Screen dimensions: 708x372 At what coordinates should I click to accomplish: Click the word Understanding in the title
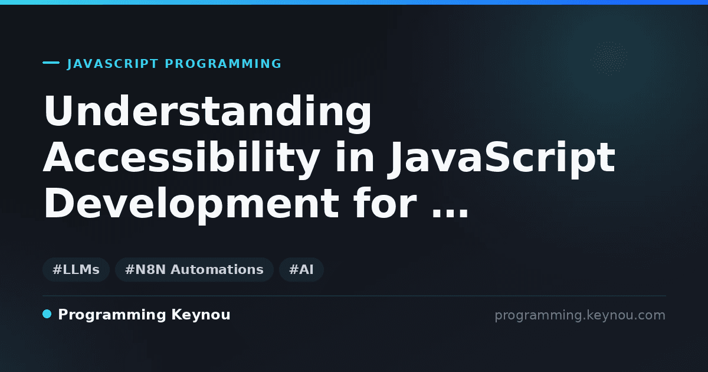[x=208, y=114]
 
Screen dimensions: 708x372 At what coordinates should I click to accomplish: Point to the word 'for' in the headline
[x=385, y=203]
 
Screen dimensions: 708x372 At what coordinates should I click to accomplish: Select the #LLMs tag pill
[x=76, y=269]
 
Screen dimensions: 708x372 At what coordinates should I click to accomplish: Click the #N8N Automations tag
[x=194, y=269]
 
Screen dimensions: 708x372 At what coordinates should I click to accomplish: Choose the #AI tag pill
[x=301, y=269]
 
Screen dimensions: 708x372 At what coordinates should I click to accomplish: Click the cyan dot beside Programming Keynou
[x=47, y=314]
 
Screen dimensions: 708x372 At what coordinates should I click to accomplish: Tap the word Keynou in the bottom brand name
[x=201, y=315]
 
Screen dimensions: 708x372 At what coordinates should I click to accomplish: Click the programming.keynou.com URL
[x=580, y=315]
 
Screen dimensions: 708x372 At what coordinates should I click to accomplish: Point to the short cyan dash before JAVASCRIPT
[x=51, y=63]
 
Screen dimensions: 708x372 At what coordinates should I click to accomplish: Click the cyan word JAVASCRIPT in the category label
[x=113, y=64]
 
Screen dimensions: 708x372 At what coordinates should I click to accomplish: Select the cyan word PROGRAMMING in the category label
[x=223, y=64]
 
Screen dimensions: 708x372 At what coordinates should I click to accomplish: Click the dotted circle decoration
[x=609, y=58]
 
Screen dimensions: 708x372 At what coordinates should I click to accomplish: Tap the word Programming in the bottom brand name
[x=112, y=315]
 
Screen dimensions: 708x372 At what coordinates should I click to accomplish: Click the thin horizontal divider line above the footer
[x=355, y=296]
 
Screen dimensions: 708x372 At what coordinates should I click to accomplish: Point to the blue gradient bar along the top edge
[x=354, y=2]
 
